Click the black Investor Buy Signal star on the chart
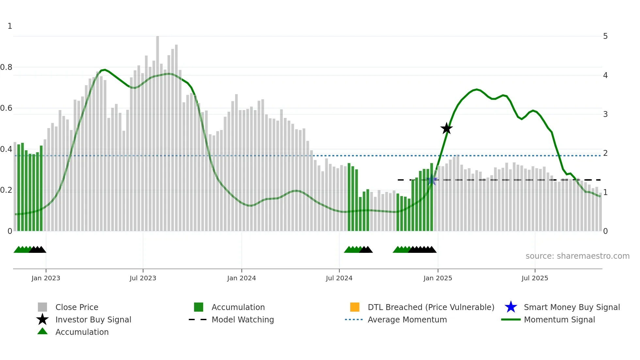[446, 128]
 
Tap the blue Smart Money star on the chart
[432, 180]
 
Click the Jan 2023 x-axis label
[46, 278]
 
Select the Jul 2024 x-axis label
[339, 278]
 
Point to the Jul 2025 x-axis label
[535, 278]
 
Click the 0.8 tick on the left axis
[6, 67]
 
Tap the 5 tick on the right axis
[605, 36]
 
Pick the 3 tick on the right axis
[605, 114]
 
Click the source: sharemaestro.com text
[577, 256]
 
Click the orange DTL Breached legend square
[355, 307]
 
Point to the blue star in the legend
[511, 307]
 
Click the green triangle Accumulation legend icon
[42, 332]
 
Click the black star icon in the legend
[42, 319]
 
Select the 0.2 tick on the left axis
[6, 190]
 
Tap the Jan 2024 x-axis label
[241, 278]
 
